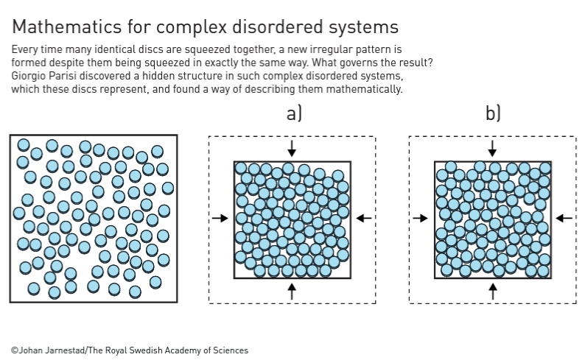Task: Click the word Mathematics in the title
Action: (67, 27)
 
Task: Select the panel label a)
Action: (294, 113)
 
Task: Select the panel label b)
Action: (493, 113)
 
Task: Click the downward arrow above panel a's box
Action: (292, 149)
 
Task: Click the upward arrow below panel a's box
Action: (292, 292)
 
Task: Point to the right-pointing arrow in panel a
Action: (220, 218)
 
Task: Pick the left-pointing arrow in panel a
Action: (364, 218)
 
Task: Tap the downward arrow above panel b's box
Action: (492, 149)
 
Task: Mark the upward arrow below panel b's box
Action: (492, 292)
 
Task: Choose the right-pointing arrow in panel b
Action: (421, 218)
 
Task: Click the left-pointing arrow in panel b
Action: (564, 218)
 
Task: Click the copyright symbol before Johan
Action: (15, 350)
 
